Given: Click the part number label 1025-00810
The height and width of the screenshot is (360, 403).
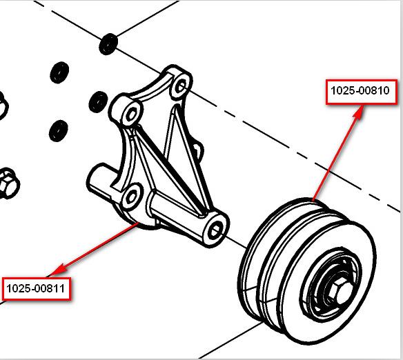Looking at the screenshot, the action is (362, 92).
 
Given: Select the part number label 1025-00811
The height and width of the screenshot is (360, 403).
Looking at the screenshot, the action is (36, 288).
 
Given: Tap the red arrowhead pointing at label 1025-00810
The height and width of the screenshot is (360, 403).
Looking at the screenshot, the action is (358, 112).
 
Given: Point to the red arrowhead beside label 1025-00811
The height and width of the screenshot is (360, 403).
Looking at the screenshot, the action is (58, 269).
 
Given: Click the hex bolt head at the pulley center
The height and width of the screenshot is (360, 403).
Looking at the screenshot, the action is (339, 292).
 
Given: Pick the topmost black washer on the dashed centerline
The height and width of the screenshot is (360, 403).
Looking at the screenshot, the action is (108, 44).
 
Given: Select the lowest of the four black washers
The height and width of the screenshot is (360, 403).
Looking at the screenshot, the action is (59, 131).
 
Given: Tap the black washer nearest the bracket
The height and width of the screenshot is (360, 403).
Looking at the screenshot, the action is (98, 101).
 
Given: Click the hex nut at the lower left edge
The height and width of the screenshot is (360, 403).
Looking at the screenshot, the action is (8, 183).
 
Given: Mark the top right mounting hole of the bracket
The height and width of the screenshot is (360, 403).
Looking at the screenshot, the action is (181, 86).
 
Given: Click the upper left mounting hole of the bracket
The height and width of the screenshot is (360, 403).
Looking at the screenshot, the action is (131, 114).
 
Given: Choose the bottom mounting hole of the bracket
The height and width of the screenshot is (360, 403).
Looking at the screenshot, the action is (132, 197).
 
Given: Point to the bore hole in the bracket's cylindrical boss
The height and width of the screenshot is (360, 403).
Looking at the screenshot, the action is (215, 229).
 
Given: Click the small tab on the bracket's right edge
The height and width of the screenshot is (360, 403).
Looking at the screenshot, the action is (199, 152).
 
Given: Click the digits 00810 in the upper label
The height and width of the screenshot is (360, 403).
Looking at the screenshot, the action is (374, 90).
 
